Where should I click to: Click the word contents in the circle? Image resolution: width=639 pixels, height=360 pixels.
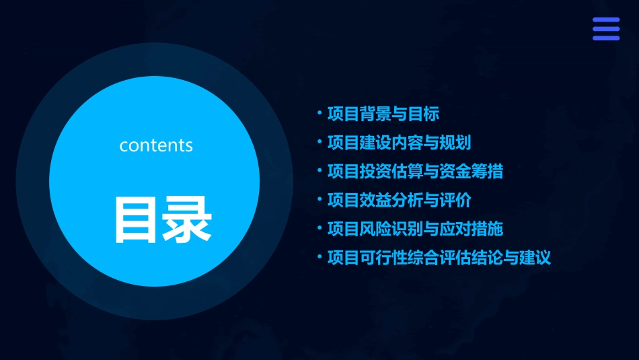coord(156,145)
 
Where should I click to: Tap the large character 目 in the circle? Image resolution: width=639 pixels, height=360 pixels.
coord(137,219)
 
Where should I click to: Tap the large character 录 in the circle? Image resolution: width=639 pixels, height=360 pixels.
coord(187,219)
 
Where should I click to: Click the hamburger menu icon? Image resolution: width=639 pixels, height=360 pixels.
coord(605,29)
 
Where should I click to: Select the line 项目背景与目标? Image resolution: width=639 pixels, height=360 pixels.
coord(383,114)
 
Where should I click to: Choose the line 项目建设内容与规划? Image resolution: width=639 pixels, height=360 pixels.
coord(398,143)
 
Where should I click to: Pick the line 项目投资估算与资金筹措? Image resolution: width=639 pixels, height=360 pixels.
coord(414,172)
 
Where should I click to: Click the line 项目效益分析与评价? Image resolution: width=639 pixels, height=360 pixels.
coord(398,201)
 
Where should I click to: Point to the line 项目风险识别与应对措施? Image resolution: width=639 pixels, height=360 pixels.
coord(414,229)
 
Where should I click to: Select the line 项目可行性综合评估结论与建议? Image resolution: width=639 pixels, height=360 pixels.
coord(439,258)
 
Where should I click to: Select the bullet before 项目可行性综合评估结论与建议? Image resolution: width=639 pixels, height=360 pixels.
coord(319,257)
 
